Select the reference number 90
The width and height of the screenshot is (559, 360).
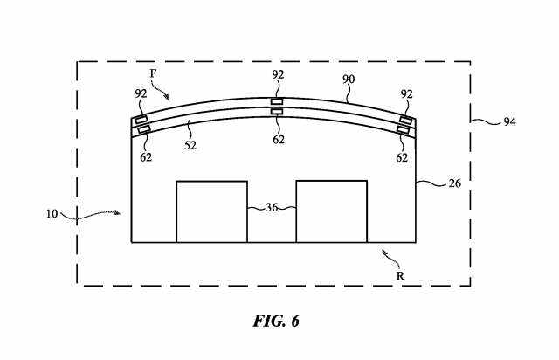pos(349,79)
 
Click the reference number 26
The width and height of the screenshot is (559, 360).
pos(454,184)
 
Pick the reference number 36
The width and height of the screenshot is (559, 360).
pos(271,208)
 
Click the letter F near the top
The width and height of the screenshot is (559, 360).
pos(153,75)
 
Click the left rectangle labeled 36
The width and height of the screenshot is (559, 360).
pos(211,211)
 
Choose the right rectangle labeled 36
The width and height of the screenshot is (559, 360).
pos(331,211)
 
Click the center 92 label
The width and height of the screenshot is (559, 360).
pos(277,75)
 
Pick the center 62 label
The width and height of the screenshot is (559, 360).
pos(277,138)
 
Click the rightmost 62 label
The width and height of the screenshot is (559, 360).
pos(402,158)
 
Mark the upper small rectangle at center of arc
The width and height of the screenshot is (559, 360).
pos(277,101)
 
